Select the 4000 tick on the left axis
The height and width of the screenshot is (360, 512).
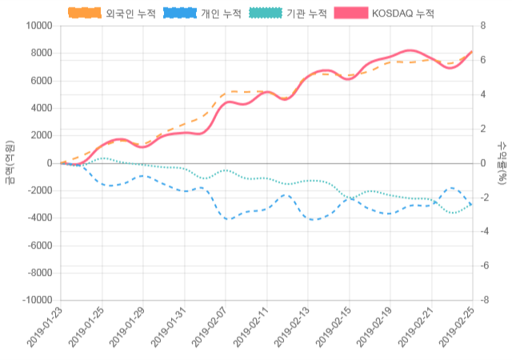[41, 108]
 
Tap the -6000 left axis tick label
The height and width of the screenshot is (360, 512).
[39, 246]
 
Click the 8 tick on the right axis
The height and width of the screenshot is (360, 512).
[482, 26]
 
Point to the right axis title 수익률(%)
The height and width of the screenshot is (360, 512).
[502, 162]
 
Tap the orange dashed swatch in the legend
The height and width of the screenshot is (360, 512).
[85, 14]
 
